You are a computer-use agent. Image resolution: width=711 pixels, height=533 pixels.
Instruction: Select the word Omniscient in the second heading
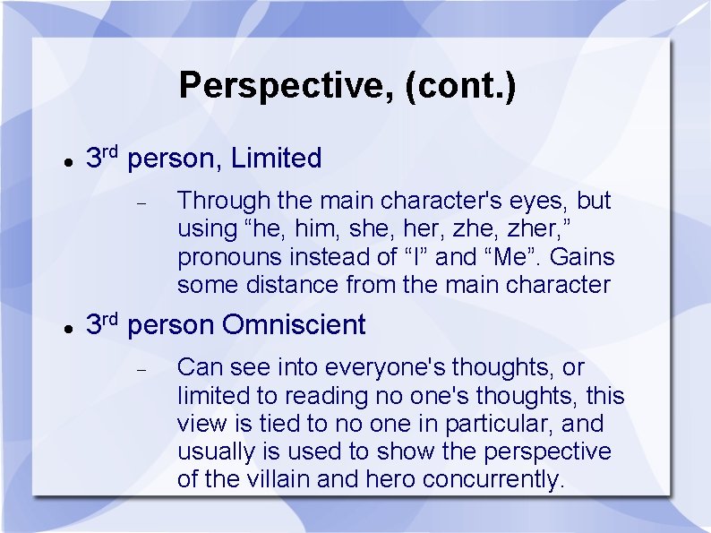[x=294, y=324]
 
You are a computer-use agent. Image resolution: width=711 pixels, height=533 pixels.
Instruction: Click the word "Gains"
[x=582, y=257]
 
